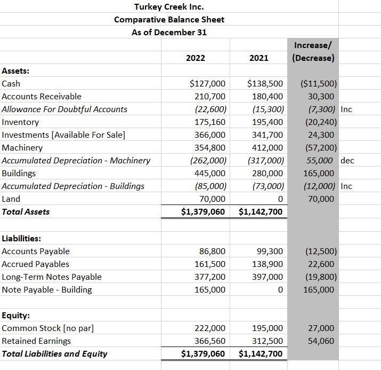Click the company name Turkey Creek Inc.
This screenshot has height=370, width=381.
(169, 7)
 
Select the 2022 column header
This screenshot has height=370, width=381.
(196, 58)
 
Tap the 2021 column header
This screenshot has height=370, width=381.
(258, 58)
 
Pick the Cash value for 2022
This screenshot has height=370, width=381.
(208, 84)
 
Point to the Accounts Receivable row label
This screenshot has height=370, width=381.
(42, 97)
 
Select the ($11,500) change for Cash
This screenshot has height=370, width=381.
(319, 84)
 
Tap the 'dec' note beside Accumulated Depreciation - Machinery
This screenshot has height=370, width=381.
(347, 161)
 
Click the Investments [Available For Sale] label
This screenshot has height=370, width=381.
(63, 135)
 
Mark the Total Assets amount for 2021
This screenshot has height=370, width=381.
(261, 212)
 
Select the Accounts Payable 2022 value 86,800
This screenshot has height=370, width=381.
(212, 251)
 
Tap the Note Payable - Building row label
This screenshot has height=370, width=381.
(47, 290)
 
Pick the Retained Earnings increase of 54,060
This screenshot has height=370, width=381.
(321, 341)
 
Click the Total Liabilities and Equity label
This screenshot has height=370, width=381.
(54, 354)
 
